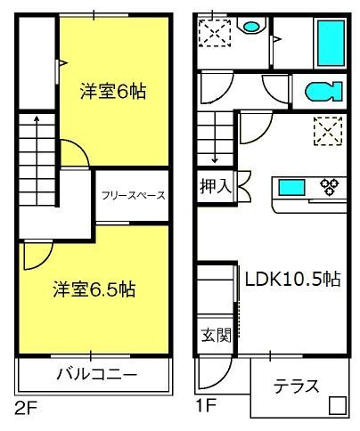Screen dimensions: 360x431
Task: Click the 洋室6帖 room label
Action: pos(113,92)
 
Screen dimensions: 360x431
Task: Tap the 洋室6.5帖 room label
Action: pos(94,289)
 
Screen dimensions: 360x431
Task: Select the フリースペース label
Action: pos(133,196)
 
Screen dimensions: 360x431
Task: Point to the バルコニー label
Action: pos(97,374)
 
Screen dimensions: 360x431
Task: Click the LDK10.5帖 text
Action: pos(292,279)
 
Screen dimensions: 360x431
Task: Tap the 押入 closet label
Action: pos(216,187)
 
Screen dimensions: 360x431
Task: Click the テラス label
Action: pos(296,386)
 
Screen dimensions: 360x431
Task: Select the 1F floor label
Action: pos(206,405)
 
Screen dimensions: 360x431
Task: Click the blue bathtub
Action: pos(331,43)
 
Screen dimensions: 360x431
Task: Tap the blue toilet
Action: pos(323,91)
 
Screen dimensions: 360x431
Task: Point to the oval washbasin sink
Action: pos(251,27)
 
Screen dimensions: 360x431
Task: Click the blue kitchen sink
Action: pos(291,188)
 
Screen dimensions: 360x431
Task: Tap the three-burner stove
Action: pos(330,186)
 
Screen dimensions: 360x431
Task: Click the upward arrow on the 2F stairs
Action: pos(37,160)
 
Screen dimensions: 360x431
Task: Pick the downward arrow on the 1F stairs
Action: pos(215,137)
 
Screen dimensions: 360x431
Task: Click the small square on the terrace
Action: pos(338,405)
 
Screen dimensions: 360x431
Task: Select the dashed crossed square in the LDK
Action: pos(328,131)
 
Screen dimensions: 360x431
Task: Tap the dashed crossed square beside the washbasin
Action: pos(215,33)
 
